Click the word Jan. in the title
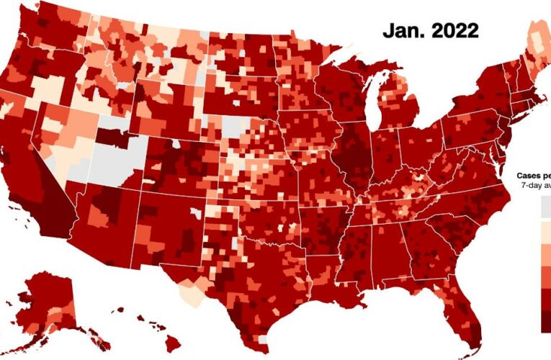[x=405, y=31]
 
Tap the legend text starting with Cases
[x=533, y=175]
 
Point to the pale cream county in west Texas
[x=189, y=294]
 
